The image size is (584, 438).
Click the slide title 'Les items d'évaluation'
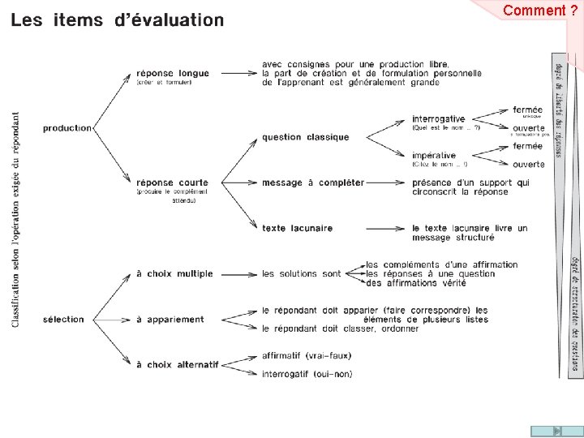[x=117, y=20]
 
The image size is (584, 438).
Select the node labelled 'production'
[x=67, y=128]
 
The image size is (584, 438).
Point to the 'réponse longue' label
[x=172, y=73]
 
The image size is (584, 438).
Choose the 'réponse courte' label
[x=172, y=182]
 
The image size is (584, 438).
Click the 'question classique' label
[x=305, y=137]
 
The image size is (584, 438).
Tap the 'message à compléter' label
[x=312, y=182]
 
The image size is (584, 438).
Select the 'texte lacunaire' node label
[x=297, y=228]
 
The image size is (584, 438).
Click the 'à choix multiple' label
[x=174, y=274]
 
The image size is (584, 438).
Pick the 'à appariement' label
[x=170, y=320]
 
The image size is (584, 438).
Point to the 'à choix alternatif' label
[x=178, y=365]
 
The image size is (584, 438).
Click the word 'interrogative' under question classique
[x=438, y=119]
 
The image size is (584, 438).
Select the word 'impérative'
[x=434, y=155]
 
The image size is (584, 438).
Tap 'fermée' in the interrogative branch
[x=527, y=109]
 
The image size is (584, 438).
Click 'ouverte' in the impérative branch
[x=528, y=165]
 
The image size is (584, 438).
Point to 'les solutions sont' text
[x=301, y=274]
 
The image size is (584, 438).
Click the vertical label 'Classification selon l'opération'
[x=16, y=219]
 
